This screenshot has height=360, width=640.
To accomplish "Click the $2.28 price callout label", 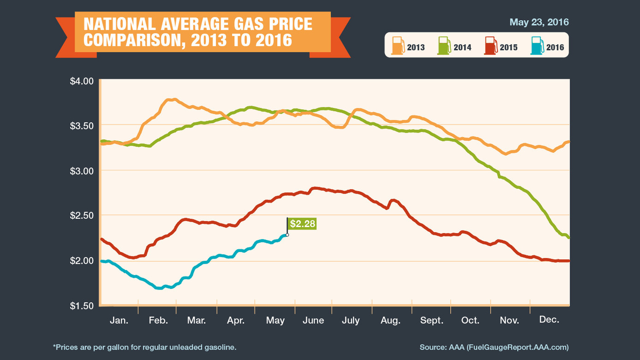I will click(x=302, y=224).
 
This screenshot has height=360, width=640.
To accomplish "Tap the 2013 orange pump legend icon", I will click(x=398, y=46).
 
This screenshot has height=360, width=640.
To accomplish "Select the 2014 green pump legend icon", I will click(x=444, y=46).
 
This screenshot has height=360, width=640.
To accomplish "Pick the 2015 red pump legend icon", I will click(x=490, y=46).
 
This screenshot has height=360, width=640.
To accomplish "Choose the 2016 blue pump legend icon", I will click(x=537, y=46).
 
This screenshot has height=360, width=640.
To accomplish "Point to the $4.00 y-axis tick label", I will click(x=82, y=81).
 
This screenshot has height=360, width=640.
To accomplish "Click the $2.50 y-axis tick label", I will click(x=82, y=215).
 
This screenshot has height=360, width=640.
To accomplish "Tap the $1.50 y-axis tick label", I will click(x=82, y=306).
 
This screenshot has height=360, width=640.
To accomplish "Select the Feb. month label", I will click(x=158, y=320).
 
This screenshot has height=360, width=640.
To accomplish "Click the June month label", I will click(x=313, y=320).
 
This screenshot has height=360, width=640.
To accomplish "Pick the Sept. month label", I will click(x=432, y=320).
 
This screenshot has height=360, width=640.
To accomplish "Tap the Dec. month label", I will click(x=549, y=319).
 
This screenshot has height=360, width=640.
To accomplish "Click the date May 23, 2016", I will click(x=539, y=22).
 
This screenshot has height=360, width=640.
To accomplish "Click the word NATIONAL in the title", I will click(x=119, y=24).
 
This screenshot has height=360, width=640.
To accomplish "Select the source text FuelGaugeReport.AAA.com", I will click(x=517, y=347).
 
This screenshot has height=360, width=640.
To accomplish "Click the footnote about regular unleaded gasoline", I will click(x=145, y=347).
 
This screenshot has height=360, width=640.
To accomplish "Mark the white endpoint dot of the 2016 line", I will click(x=287, y=235).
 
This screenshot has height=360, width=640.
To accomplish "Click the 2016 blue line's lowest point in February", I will click(x=160, y=288).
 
